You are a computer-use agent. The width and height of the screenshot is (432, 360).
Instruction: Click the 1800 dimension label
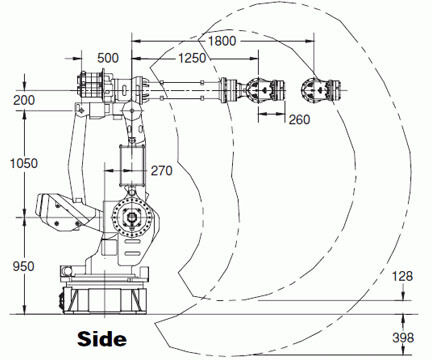click(222, 41)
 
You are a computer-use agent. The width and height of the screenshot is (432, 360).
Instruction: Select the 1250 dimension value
click(192, 58)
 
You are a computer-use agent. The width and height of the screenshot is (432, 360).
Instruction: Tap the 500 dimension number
click(108, 58)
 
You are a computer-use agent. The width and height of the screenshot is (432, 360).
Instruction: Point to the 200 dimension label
click(24, 100)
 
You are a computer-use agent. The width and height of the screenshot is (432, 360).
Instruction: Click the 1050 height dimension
click(24, 163)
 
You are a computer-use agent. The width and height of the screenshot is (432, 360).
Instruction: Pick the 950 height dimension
click(23, 266)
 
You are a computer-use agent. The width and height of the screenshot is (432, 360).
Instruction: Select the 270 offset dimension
click(162, 171)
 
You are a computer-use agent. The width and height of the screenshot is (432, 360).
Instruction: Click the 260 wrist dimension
click(299, 119)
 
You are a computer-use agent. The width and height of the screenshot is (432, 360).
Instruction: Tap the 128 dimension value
click(402, 276)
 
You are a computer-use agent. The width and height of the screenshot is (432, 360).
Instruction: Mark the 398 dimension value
click(403, 338)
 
